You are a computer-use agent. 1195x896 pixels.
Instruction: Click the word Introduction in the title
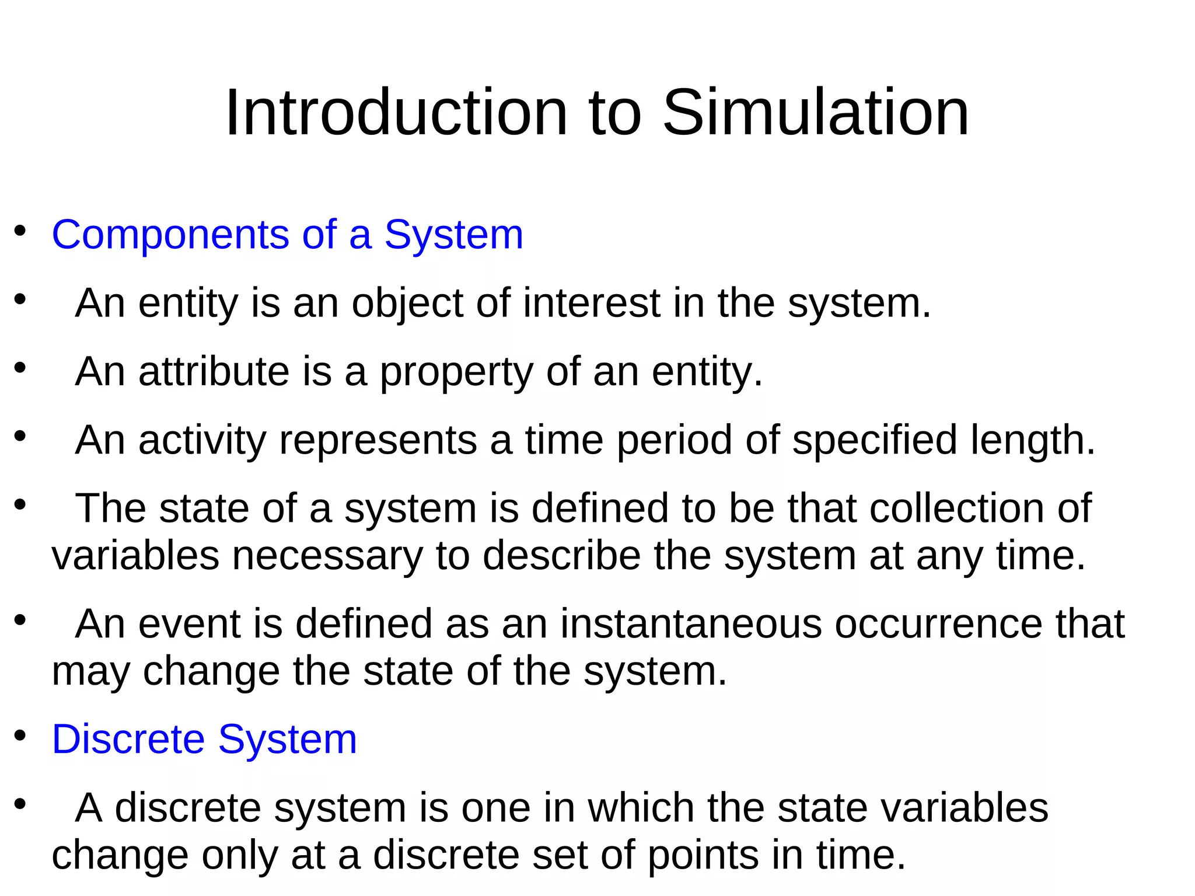[396, 112]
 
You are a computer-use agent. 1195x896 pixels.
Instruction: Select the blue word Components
[170, 235]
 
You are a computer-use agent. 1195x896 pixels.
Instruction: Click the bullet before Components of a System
[20, 231]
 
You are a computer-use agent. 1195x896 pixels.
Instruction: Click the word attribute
[214, 372]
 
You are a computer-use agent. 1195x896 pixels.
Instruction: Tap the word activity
[202, 441]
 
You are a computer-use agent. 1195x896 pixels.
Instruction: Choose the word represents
[378, 441]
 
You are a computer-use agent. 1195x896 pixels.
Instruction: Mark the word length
[1032, 441]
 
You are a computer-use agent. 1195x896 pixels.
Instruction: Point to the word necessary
[327, 556]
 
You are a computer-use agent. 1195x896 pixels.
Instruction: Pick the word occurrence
[938, 624]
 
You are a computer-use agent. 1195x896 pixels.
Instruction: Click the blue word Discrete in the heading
[128, 740]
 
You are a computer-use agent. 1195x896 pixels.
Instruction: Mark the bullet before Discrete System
[20, 736]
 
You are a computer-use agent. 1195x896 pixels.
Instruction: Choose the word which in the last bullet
[641, 808]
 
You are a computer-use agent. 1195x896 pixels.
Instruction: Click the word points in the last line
[704, 856]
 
